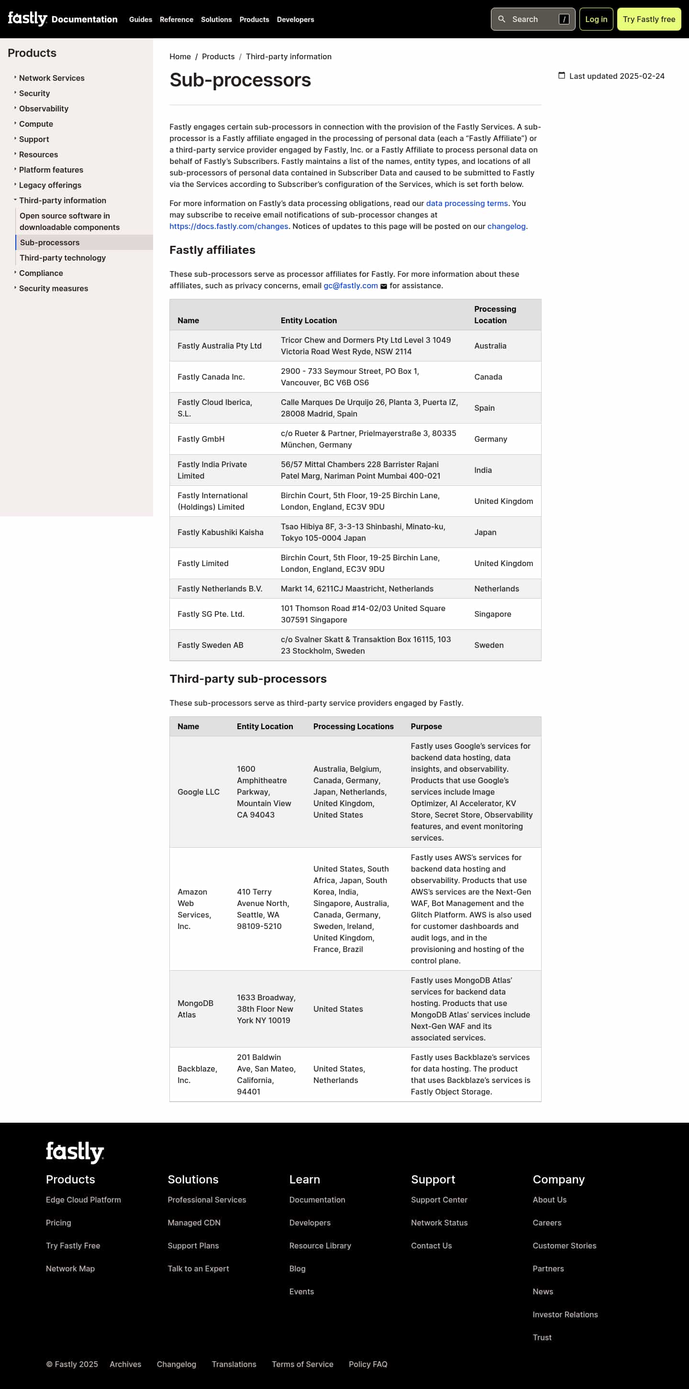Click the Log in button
point(596,20)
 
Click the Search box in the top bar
point(533,20)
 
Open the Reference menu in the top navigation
point(177,20)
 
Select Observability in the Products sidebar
point(44,109)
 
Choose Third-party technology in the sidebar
point(63,258)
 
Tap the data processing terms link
point(467,203)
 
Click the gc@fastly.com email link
point(350,286)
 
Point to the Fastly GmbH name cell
point(200,439)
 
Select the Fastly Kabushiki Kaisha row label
point(220,532)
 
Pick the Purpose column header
point(426,726)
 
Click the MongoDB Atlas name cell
point(195,1009)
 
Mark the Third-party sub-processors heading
point(248,679)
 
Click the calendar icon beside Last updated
point(561,76)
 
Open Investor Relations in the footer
point(565,1314)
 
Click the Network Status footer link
point(439,1223)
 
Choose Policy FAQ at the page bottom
point(368,1364)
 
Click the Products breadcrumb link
point(218,56)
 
